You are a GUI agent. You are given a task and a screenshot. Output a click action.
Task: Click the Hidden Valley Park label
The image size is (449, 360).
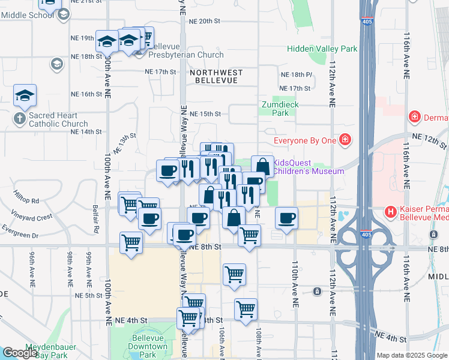click(322, 49)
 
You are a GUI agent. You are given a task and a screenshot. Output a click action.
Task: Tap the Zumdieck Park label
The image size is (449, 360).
click(280, 108)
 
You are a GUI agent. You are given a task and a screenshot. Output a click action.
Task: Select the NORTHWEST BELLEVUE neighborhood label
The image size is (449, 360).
click(216, 76)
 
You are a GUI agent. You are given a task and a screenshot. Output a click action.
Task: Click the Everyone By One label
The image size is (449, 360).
click(304, 141)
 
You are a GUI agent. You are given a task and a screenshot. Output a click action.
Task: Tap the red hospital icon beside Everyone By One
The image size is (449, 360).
click(345, 141)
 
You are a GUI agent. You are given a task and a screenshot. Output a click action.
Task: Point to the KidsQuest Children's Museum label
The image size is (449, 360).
click(309, 166)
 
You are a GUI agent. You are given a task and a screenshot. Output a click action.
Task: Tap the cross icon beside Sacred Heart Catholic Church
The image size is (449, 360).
click(19, 119)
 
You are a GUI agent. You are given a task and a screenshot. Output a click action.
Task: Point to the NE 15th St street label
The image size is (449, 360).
click(206, 113)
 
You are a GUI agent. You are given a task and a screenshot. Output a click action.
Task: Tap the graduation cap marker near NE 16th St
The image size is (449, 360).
click(25, 95)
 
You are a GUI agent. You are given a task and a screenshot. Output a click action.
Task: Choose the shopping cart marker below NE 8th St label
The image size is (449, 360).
click(234, 274)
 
